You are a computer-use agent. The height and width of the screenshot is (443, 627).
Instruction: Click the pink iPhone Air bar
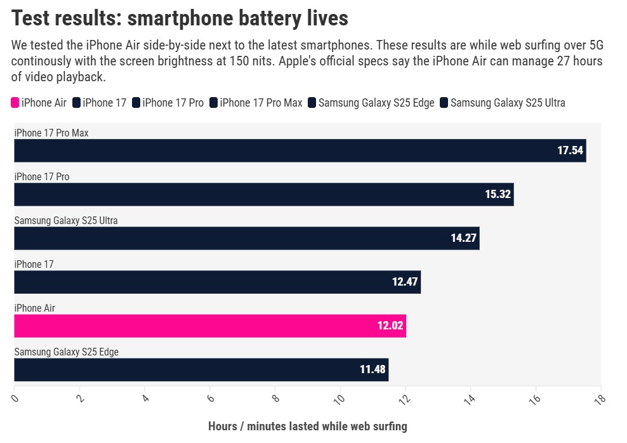(x=209, y=326)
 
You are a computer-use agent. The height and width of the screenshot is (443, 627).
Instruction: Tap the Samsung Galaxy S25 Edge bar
(x=201, y=369)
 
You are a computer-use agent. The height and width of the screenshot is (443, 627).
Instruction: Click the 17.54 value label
(x=570, y=150)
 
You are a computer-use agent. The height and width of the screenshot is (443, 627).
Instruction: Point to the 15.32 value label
(x=498, y=194)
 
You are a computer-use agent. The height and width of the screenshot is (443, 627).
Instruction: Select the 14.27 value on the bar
(x=463, y=238)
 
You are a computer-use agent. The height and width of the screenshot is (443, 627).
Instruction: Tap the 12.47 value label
(x=405, y=282)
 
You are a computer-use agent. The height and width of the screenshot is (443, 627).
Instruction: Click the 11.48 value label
(x=373, y=369)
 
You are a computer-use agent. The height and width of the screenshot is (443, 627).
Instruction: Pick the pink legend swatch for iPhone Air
(x=15, y=103)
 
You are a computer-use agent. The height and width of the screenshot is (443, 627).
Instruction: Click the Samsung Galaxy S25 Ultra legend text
(x=507, y=103)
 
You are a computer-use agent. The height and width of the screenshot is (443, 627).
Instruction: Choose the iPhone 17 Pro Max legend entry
(x=261, y=103)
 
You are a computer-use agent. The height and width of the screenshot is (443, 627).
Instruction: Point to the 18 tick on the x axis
(x=599, y=399)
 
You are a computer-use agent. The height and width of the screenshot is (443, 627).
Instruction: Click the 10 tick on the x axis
(x=339, y=399)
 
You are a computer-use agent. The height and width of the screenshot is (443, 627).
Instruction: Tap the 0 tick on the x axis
(x=15, y=399)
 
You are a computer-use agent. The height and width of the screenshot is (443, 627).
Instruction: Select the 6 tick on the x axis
(x=210, y=399)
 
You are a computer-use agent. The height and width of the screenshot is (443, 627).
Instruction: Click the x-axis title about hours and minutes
(x=307, y=426)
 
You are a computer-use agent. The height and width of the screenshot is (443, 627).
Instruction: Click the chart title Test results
(x=180, y=18)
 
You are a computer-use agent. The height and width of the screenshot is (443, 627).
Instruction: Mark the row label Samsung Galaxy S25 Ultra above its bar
(x=66, y=221)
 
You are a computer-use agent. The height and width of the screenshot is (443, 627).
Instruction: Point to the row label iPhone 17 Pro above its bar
(x=42, y=177)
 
